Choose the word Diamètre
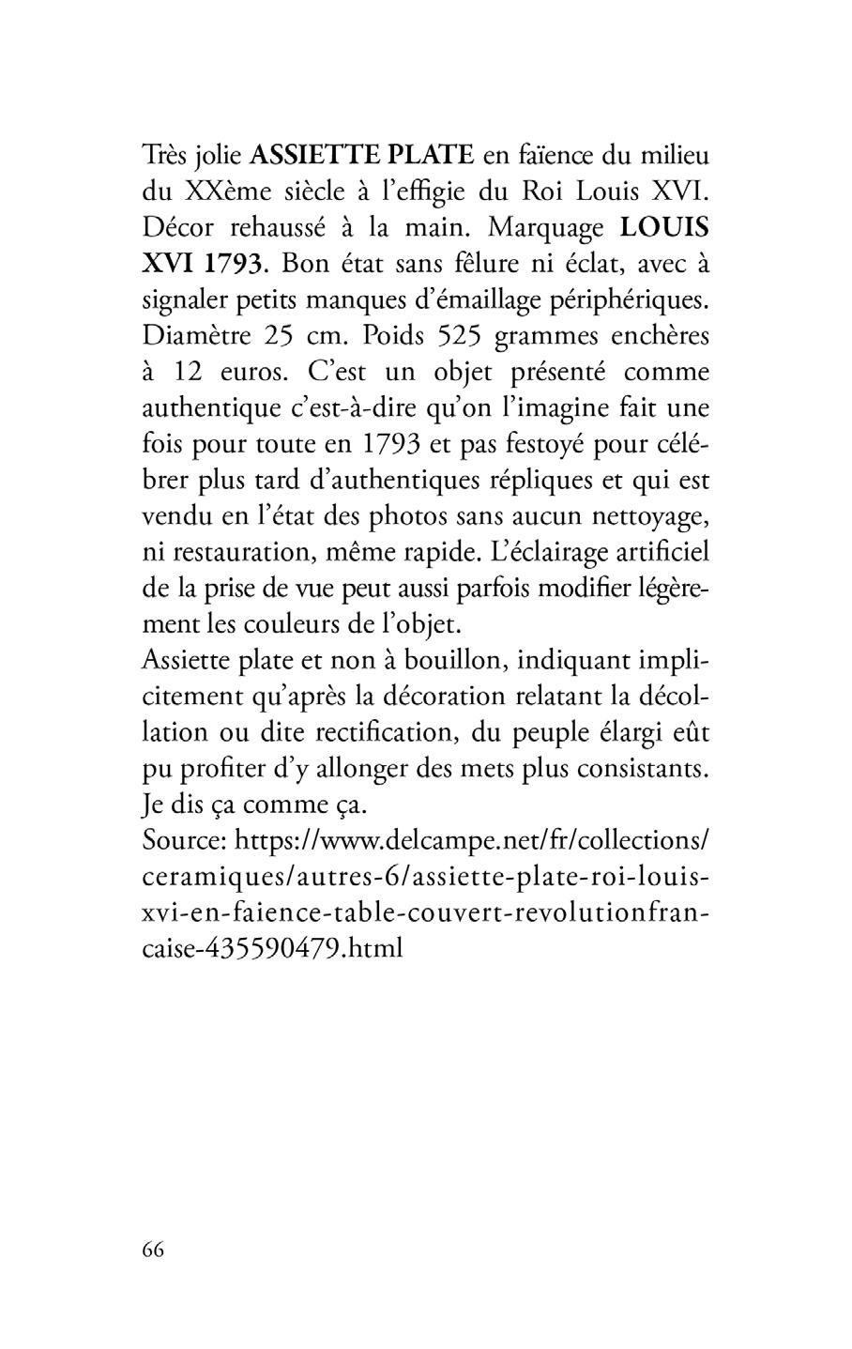point(191,336)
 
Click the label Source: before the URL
point(184,840)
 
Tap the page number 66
point(154,1249)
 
